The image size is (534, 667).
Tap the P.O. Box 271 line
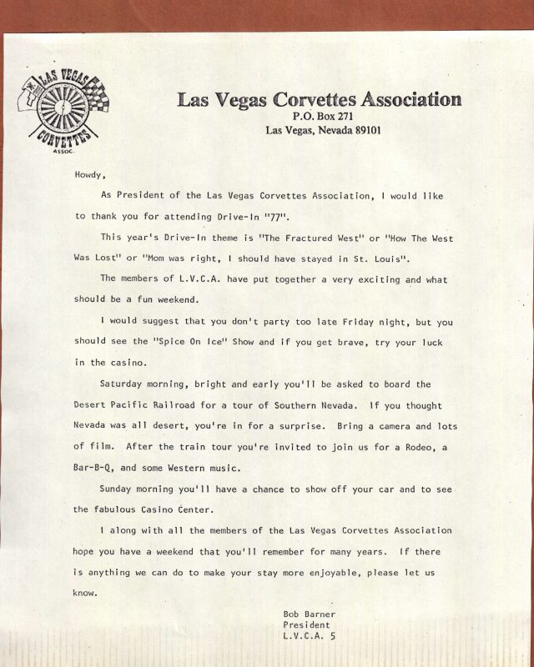(x=320, y=116)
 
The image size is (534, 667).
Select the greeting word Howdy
(x=91, y=175)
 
